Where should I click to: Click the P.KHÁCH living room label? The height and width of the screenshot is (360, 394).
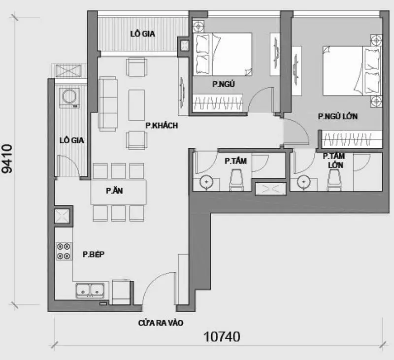[162, 125]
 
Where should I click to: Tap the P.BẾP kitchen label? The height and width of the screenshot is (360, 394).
[94, 254]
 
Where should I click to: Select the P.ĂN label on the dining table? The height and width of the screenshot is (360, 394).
[114, 191]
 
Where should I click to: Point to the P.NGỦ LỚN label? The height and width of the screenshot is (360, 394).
[338, 116]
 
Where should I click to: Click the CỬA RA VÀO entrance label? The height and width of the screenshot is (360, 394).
[161, 323]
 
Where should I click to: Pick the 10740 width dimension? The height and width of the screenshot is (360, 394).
[222, 337]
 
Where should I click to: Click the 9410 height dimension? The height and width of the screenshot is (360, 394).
[7, 158]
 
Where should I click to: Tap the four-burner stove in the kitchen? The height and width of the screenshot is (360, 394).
[64, 251]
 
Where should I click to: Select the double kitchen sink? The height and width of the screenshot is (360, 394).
[90, 291]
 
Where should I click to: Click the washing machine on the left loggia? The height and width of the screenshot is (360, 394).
[69, 98]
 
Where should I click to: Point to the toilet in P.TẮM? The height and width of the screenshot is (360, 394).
[236, 180]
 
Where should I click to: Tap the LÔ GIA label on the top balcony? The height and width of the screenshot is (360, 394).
[142, 33]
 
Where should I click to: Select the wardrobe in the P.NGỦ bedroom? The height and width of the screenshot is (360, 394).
[218, 103]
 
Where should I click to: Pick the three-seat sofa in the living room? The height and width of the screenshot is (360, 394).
[108, 104]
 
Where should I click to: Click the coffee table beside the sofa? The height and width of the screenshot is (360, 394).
[137, 105]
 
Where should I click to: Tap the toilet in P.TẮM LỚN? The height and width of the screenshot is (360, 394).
[334, 180]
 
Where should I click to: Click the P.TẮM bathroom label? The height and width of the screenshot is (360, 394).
[236, 161]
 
